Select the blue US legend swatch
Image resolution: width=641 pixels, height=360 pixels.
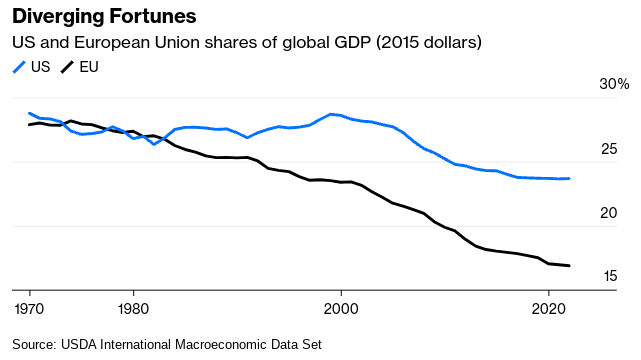pyautogui.click(x=19, y=67)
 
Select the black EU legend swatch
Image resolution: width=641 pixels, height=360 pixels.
pyautogui.click(x=69, y=67)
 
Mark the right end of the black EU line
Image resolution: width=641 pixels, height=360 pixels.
pyautogui.click(x=569, y=266)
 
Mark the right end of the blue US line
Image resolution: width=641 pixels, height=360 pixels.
pyautogui.click(x=569, y=178)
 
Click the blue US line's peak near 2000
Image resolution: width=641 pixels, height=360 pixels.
pyautogui.click(x=332, y=114)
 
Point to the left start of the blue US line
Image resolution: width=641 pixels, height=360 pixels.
pyautogui.click(x=29, y=113)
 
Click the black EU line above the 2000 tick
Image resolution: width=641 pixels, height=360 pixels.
pyautogui.click(x=341, y=182)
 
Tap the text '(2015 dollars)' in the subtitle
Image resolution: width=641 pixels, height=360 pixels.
pyautogui.click(x=433, y=43)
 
